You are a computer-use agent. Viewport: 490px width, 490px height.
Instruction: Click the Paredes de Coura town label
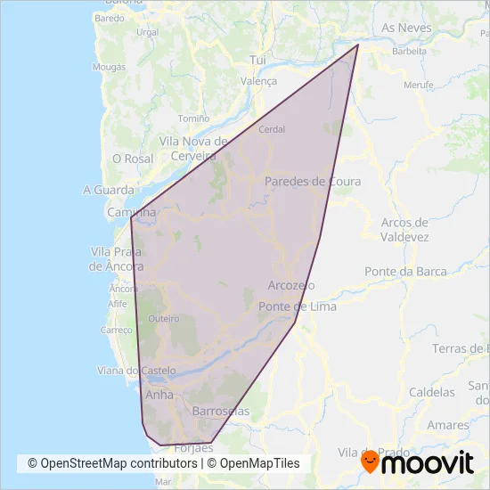coord(313,181)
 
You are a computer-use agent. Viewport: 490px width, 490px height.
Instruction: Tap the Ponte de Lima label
coord(298,306)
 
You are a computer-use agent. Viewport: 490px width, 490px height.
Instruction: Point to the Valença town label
coord(259,80)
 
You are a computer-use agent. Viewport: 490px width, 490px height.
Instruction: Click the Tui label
coord(258,59)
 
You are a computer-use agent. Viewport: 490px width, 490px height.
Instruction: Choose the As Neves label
coord(406,28)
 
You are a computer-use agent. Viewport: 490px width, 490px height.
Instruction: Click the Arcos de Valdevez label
coord(404,229)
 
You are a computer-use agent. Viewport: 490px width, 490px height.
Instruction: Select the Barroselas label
coord(221,411)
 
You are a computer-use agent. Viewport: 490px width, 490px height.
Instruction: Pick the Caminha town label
coord(132,213)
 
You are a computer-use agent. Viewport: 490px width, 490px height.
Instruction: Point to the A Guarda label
coord(107,189)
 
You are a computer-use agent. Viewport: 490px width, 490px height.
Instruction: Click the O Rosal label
coord(134,158)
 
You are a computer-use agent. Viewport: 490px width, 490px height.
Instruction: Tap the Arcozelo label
coord(291,285)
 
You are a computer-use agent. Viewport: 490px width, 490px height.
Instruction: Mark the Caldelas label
coord(431,391)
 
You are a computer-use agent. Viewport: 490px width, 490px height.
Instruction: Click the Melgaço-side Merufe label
coord(418,85)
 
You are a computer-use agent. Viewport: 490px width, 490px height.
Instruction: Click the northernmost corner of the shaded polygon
coord(358,45)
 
